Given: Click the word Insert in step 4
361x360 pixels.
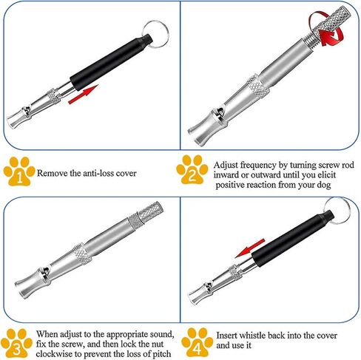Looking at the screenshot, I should tap(227, 335).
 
